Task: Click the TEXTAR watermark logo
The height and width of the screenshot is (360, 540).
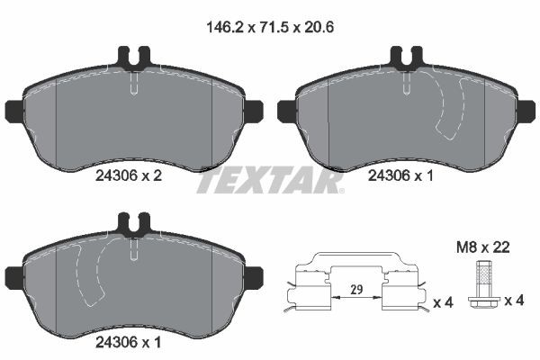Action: pos(269,180)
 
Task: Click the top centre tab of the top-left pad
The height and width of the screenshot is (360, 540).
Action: pos(132,58)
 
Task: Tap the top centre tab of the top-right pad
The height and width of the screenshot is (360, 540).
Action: pos(404,58)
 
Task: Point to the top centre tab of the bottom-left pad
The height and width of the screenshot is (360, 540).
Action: pos(132,221)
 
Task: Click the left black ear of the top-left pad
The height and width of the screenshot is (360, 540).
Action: pos(13,112)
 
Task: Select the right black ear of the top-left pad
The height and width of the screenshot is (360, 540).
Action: pos(252,112)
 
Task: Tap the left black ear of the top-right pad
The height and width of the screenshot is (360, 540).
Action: pos(286,112)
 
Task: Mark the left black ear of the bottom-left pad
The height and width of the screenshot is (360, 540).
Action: pos(13,275)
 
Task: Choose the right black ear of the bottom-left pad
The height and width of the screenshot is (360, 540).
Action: pos(252,275)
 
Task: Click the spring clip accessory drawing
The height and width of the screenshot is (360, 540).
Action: pos(357,288)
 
